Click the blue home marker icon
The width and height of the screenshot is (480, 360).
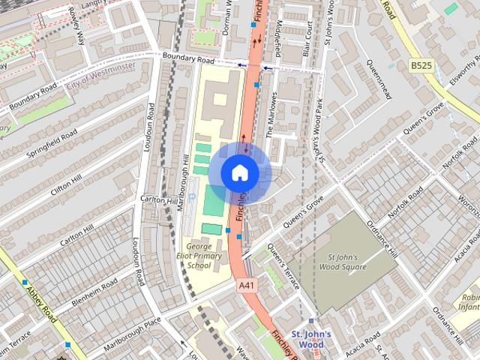click(x=239, y=172)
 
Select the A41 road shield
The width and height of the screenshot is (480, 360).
click(x=246, y=285)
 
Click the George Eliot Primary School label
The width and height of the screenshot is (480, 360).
click(x=204, y=255)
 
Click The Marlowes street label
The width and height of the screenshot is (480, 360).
click(x=272, y=117)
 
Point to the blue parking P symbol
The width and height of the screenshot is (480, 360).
click(x=192, y=197)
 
